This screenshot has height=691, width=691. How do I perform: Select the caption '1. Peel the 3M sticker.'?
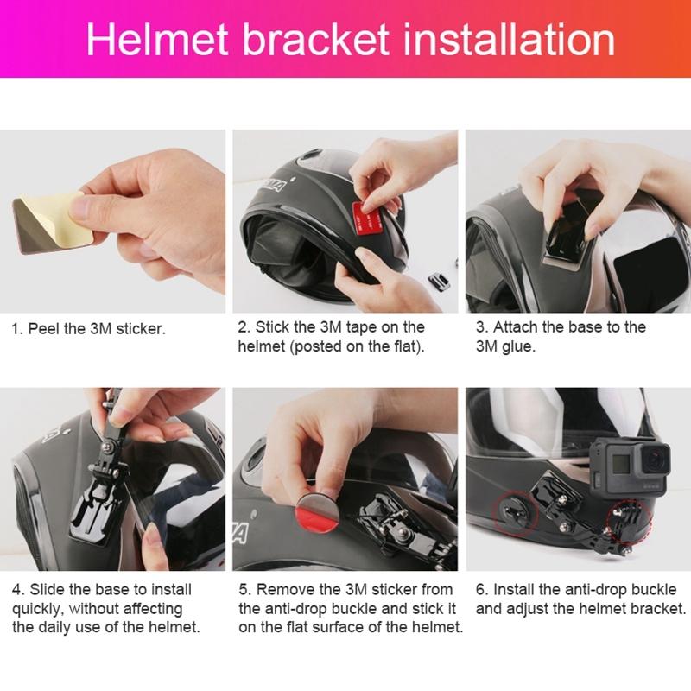88,329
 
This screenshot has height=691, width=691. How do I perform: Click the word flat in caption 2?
401,347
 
